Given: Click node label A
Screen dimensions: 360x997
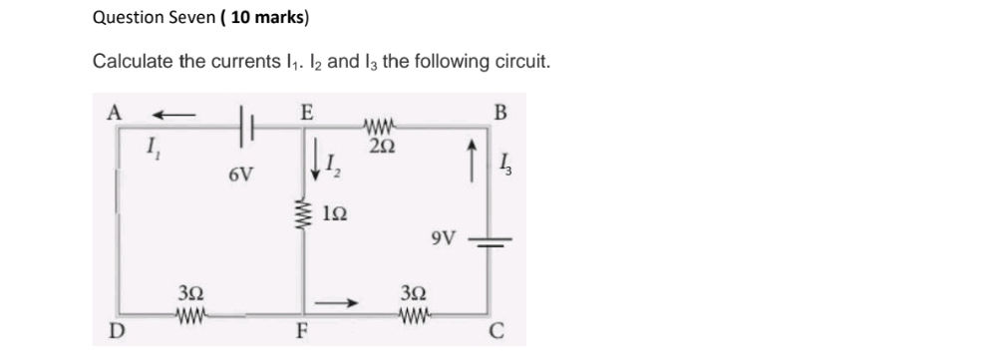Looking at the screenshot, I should pos(115,113).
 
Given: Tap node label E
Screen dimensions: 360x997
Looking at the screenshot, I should pos(307,112).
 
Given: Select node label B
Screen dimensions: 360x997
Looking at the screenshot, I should pos(499,112).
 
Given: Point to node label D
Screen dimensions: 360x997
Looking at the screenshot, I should pos(116,331).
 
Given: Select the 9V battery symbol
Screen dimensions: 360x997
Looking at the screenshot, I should pos(489,240).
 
